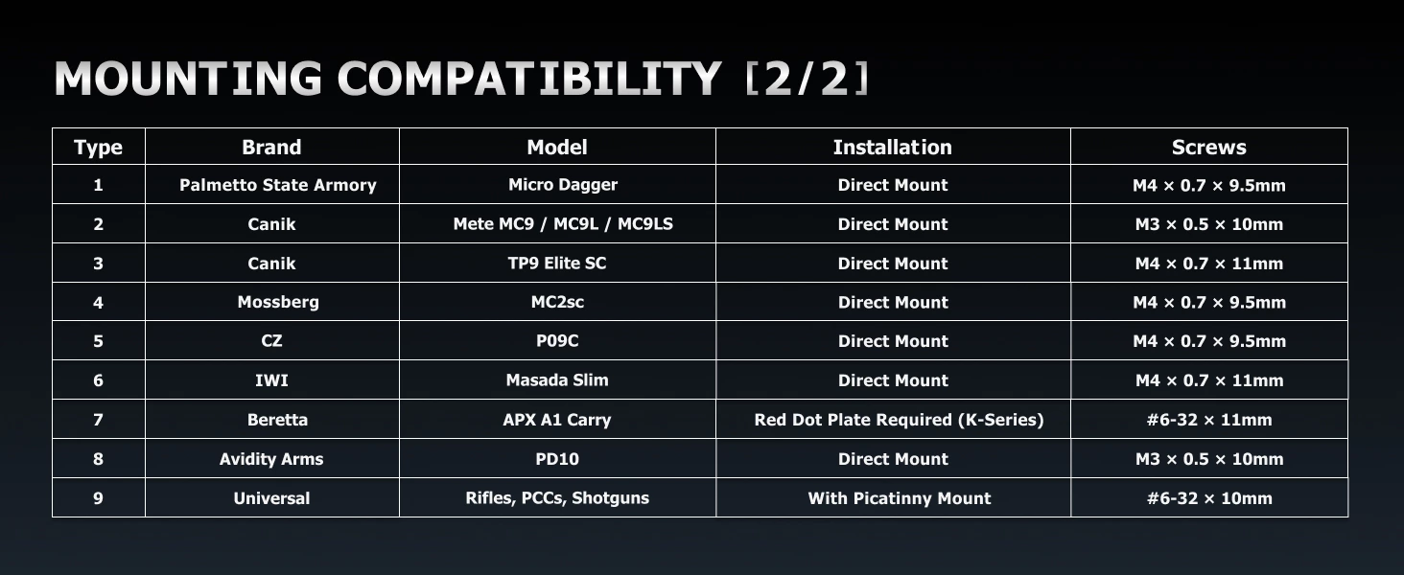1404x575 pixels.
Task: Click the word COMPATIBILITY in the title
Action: (529, 79)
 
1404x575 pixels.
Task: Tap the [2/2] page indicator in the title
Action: (807, 79)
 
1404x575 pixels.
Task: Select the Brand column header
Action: (271, 148)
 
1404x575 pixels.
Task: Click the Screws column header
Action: (1209, 148)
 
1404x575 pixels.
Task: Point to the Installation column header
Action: (893, 148)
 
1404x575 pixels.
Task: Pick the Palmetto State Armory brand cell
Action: (278, 185)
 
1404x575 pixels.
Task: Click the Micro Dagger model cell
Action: (563, 185)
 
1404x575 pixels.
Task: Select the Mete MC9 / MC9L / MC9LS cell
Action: (563, 224)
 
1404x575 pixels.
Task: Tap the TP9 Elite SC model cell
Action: (557, 264)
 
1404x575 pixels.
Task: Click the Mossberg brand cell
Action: (278, 302)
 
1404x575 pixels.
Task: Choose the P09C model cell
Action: (557, 341)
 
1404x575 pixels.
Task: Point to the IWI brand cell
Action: (271, 380)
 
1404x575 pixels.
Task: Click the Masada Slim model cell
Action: (557, 380)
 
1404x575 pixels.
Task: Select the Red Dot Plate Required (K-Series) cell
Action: (899, 420)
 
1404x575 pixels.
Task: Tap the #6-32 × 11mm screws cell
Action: (1209, 420)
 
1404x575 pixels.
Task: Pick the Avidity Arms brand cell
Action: (271, 459)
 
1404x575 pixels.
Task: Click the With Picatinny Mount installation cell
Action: (899, 498)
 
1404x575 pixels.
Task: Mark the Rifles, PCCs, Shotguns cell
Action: (557, 498)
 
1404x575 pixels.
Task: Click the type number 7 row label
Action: (99, 420)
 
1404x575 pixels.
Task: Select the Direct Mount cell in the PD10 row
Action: (893, 459)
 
